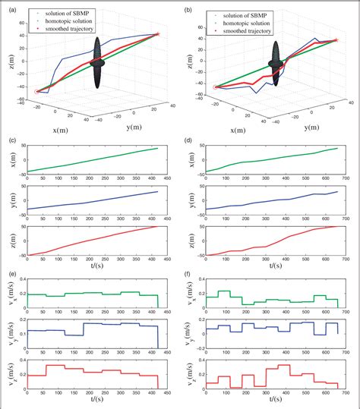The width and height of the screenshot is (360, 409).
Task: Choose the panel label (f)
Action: [x=188, y=275]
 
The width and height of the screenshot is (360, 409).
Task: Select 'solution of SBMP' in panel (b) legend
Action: [x=254, y=14]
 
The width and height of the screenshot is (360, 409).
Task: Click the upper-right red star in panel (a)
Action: [x=157, y=34]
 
